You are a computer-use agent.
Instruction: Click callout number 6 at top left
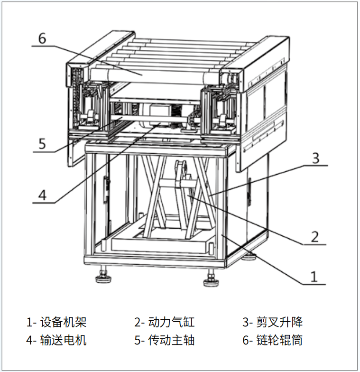tap(42, 38)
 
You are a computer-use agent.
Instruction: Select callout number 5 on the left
tap(42, 143)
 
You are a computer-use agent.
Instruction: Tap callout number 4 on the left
tap(42, 195)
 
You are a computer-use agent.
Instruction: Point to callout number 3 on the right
tap(316, 158)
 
